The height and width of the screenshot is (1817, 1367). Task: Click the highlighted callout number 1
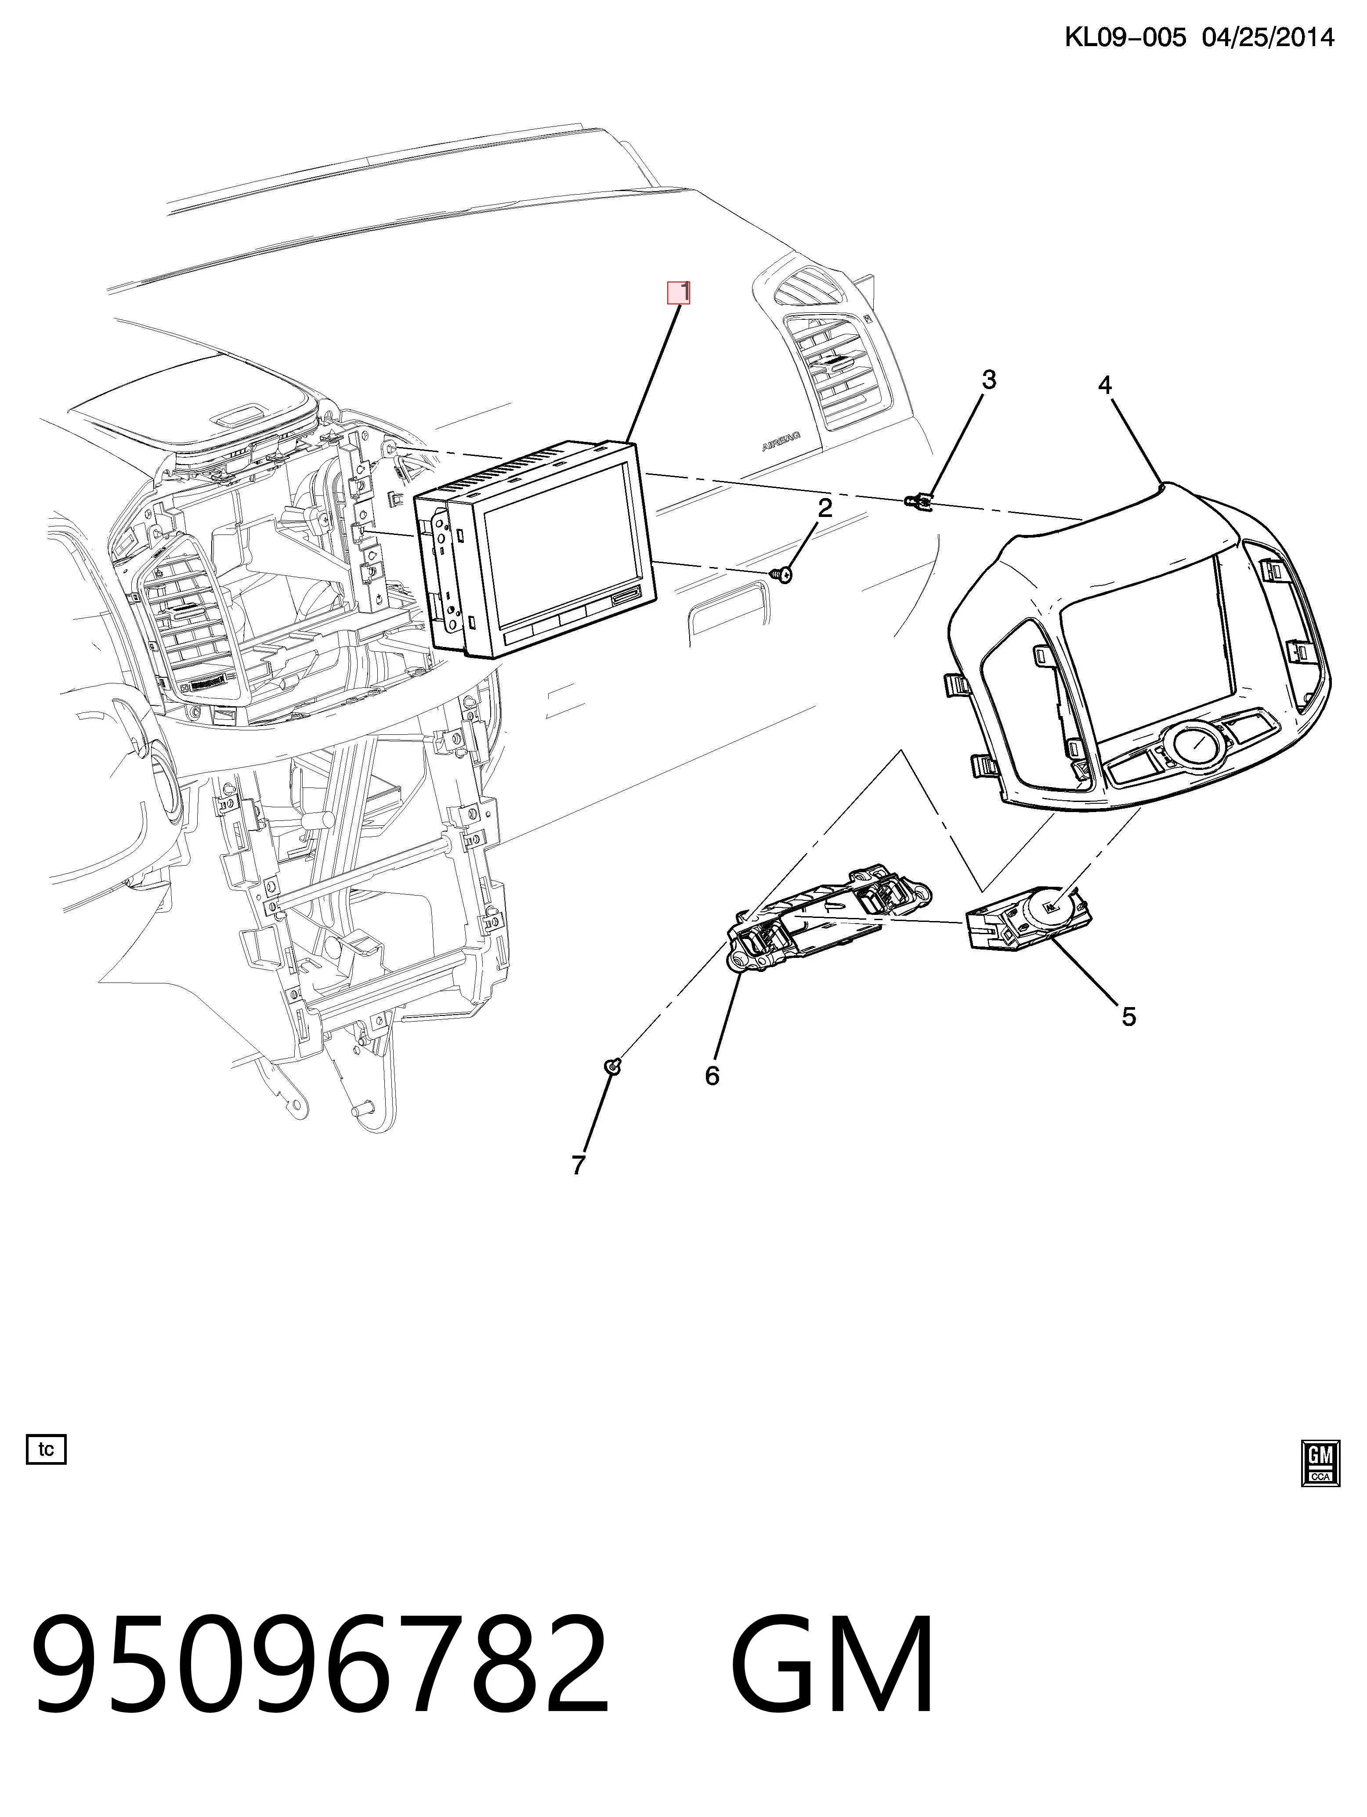[x=679, y=293]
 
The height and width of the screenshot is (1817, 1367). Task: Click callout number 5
[x=1129, y=1017]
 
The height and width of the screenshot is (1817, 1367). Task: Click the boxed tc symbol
[x=46, y=1449]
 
